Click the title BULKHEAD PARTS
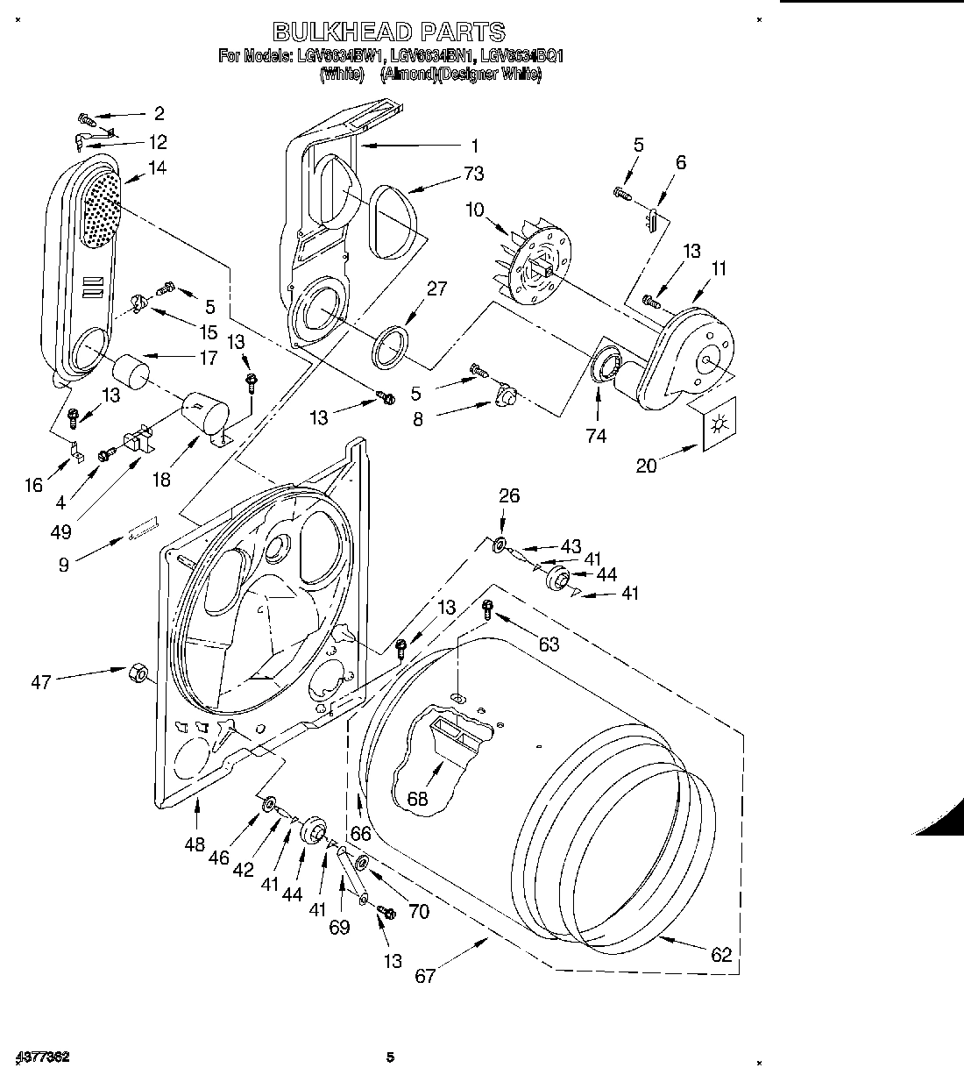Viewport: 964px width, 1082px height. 389,32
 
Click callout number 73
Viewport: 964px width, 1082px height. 473,174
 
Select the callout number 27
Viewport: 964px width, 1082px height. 437,288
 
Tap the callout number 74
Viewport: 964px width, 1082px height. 596,436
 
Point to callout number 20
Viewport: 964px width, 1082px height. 646,466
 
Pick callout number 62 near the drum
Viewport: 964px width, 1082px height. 721,955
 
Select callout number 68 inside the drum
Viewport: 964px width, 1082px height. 418,799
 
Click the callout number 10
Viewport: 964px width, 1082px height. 474,210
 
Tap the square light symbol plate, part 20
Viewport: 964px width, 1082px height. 719,425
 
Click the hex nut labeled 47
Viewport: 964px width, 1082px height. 138,673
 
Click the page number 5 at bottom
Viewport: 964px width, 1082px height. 392,1057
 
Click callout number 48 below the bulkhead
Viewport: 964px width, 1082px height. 195,845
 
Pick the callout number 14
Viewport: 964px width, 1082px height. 158,167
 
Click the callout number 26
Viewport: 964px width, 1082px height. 509,495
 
